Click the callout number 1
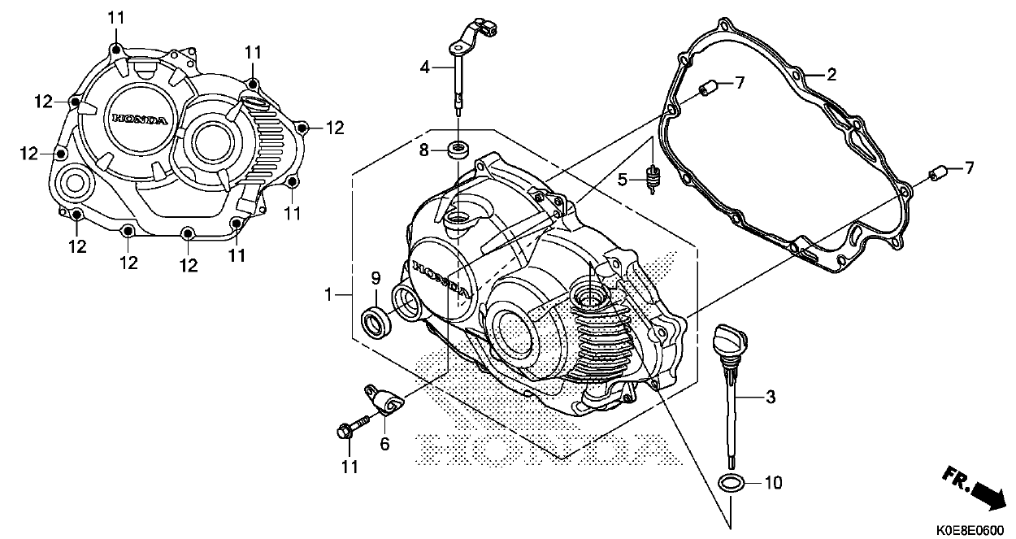[x=328, y=294]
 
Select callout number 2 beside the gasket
[x=831, y=75]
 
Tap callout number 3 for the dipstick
[x=770, y=398]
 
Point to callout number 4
[x=424, y=67]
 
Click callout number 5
[x=621, y=180]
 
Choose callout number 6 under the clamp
[x=384, y=444]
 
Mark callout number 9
[x=376, y=278]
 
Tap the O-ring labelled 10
[x=732, y=482]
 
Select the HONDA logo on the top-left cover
[x=140, y=119]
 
